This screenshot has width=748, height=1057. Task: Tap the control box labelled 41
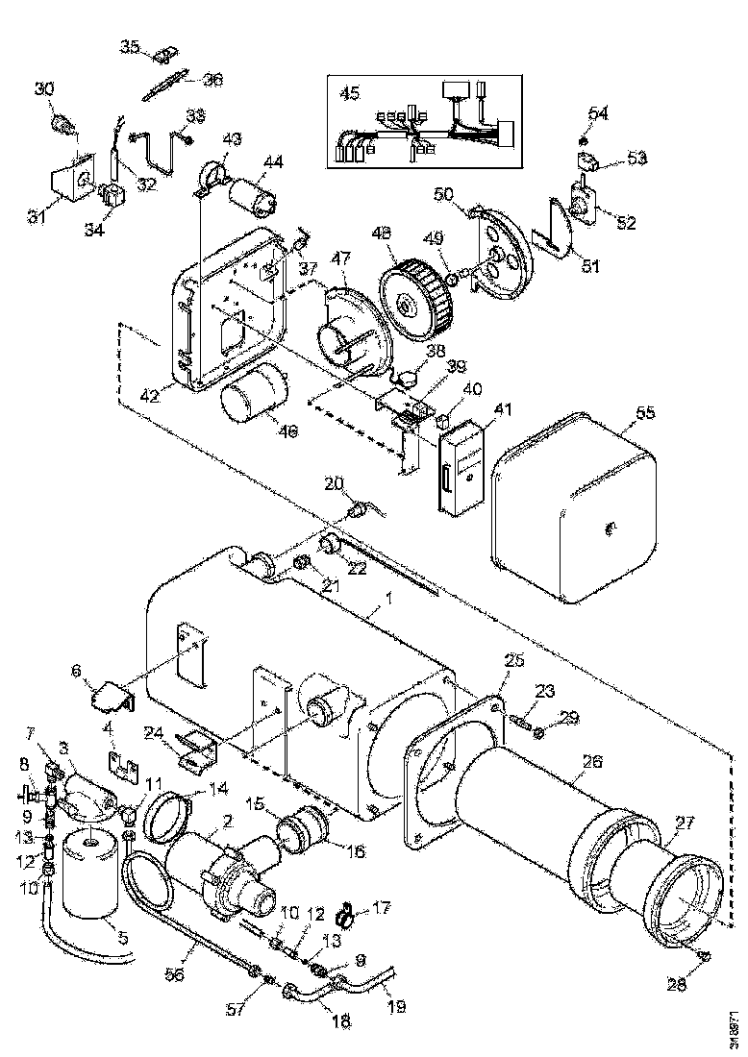point(461,465)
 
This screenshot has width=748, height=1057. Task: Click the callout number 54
point(598,113)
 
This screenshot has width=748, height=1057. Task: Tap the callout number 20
point(332,483)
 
